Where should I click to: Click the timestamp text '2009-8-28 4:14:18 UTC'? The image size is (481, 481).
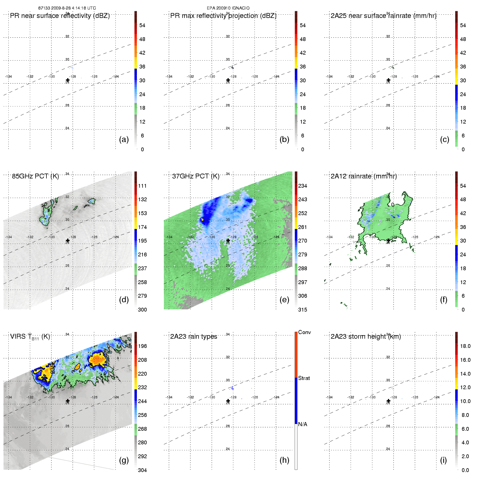click(x=73, y=8)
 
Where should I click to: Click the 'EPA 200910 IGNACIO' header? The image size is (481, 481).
click(x=228, y=8)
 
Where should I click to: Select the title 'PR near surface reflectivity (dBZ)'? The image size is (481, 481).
click(x=60, y=16)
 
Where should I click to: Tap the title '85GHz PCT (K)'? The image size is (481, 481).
click(x=35, y=176)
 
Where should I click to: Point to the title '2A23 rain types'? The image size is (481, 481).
click(x=194, y=337)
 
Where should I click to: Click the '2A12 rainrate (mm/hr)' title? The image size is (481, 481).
click(x=364, y=176)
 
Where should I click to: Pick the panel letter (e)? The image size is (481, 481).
click(x=284, y=300)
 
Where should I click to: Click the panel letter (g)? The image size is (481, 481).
click(x=124, y=460)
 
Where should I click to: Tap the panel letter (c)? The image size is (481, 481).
click(x=445, y=139)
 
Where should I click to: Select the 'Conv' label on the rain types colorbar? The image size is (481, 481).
click(x=304, y=332)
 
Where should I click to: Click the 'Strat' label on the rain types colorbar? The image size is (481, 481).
click(x=304, y=378)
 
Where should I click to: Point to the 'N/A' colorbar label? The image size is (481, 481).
click(x=303, y=424)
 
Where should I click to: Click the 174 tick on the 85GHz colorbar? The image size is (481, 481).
click(x=142, y=227)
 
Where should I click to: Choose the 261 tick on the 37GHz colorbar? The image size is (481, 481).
click(x=303, y=227)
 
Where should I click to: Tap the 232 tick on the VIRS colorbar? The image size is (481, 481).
click(x=142, y=387)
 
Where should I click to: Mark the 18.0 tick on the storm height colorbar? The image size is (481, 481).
click(x=465, y=346)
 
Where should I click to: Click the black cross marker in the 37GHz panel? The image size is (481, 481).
click(x=228, y=240)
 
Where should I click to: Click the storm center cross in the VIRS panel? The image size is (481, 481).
click(x=68, y=401)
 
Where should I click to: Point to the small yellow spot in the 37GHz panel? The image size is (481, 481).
click(x=202, y=219)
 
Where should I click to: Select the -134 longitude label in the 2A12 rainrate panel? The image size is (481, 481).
click(x=329, y=237)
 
